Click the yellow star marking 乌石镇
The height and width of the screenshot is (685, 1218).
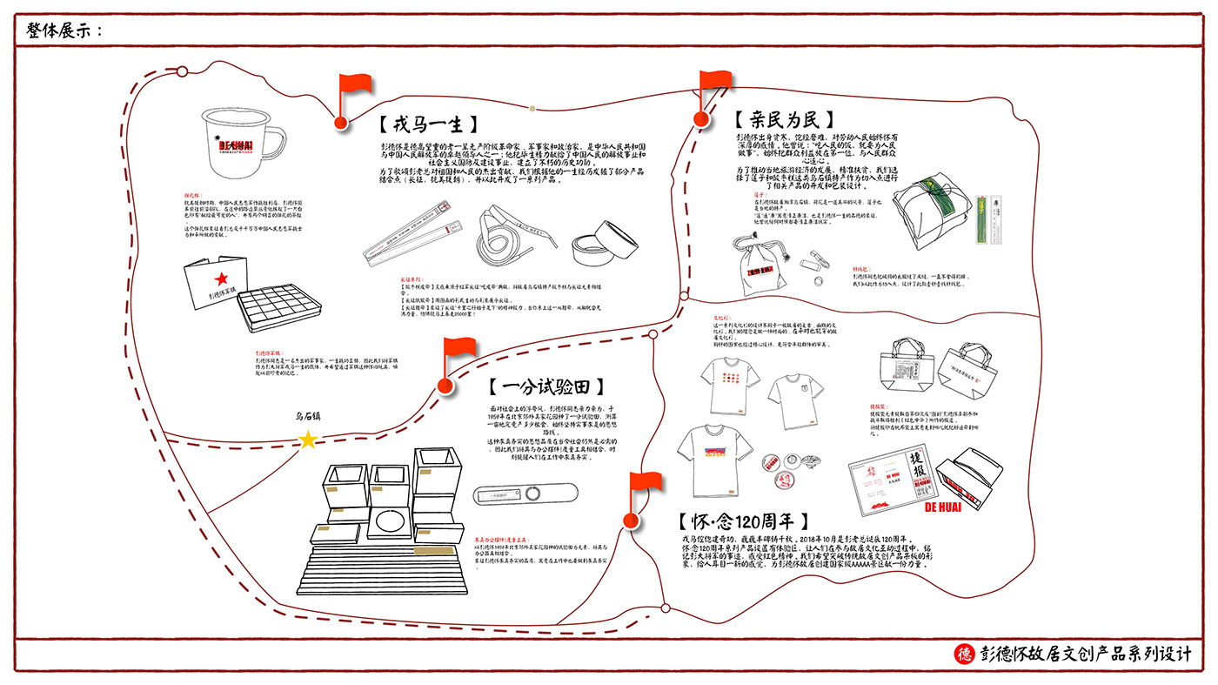pos(308,440)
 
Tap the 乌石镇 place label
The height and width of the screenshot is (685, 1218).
pos(309,417)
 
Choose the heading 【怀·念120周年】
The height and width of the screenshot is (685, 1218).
pos(744,521)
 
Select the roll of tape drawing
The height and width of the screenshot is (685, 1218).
pos(604,245)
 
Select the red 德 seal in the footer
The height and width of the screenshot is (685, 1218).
pos(963,654)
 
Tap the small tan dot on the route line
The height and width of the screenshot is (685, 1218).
pos(532,109)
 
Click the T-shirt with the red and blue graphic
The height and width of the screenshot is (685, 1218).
pos(715,449)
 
